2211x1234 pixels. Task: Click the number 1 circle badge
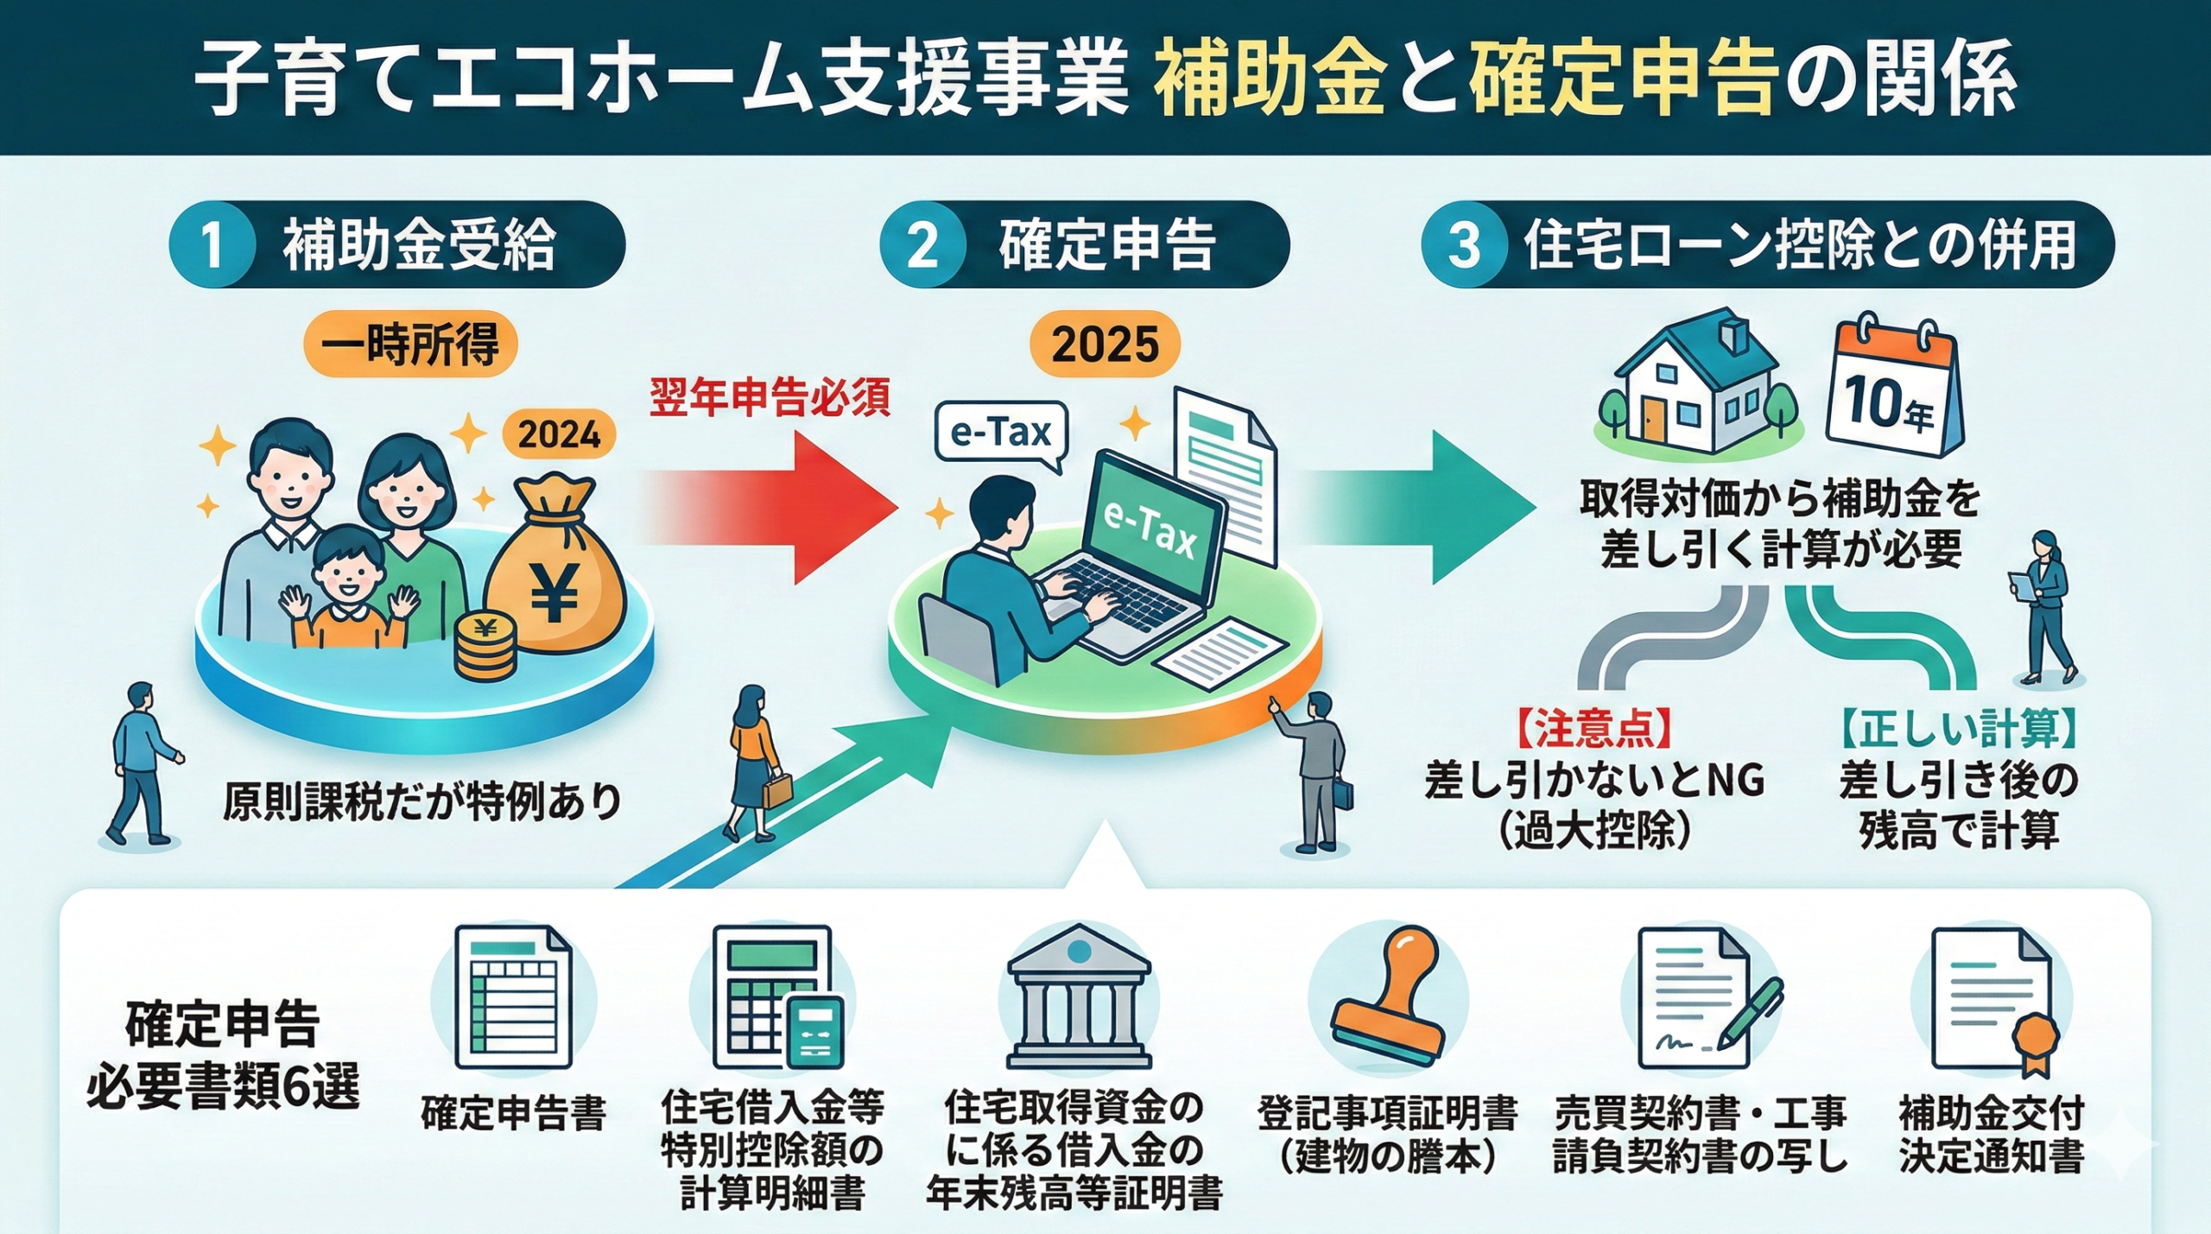point(212,244)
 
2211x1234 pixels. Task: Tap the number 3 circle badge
point(1464,244)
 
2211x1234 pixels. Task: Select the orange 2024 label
point(559,433)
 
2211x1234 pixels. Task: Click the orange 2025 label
point(1105,345)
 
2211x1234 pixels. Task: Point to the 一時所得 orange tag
point(409,345)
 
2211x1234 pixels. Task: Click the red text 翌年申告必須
point(770,399)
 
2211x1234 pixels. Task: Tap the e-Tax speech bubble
point(1001,433)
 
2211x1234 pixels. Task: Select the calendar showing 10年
point(1897,389)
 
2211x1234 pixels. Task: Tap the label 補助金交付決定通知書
point(1991,1134)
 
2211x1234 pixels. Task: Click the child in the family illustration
point(348,587)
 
